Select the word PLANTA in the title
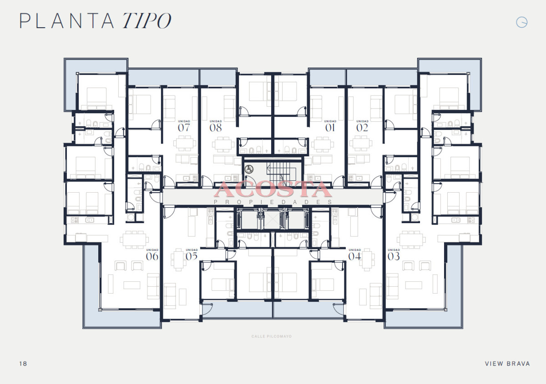coord(66,21)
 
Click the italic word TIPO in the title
coord(147,21)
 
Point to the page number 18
coord(23,364)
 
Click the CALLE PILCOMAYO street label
coord(272,337)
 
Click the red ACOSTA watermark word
coord(273,189)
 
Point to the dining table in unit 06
coord(134,239)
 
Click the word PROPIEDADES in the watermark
coord(273,202)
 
